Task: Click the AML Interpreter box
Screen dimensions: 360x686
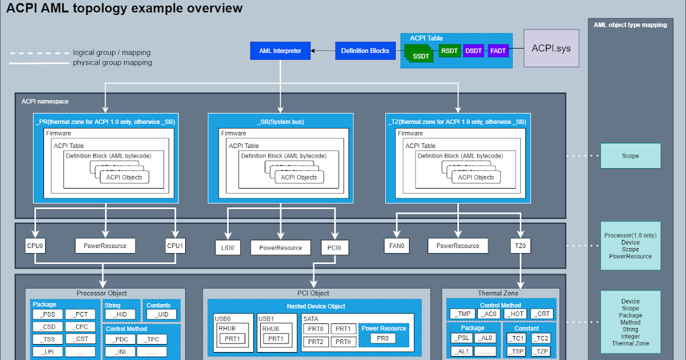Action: pos(280,51)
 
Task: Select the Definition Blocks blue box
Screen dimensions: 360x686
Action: pos(365,51)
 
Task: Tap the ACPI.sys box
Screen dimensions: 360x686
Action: pos(551,49)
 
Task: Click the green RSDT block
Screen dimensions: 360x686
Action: pos(449,51)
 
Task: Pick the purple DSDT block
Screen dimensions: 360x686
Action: pos(473,51)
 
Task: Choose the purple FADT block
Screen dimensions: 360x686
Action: pos(497,51)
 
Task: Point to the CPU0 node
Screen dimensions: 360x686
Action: pos(35,246)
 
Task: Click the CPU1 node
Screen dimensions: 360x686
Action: pos(176,246)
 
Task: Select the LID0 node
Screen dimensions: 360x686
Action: pos(228,247)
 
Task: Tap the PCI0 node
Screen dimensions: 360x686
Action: pos(334,247)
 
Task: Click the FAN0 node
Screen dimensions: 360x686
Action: pos(397,246)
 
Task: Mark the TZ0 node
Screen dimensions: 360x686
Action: pos(520,246)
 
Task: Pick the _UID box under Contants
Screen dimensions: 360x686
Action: pos(162,314)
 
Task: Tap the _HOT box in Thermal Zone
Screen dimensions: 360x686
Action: pos(516,314)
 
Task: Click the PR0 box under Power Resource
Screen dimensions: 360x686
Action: pos(382,338)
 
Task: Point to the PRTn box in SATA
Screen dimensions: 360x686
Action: pos(344,342)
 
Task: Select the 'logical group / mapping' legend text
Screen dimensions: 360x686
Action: pos(112,52)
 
